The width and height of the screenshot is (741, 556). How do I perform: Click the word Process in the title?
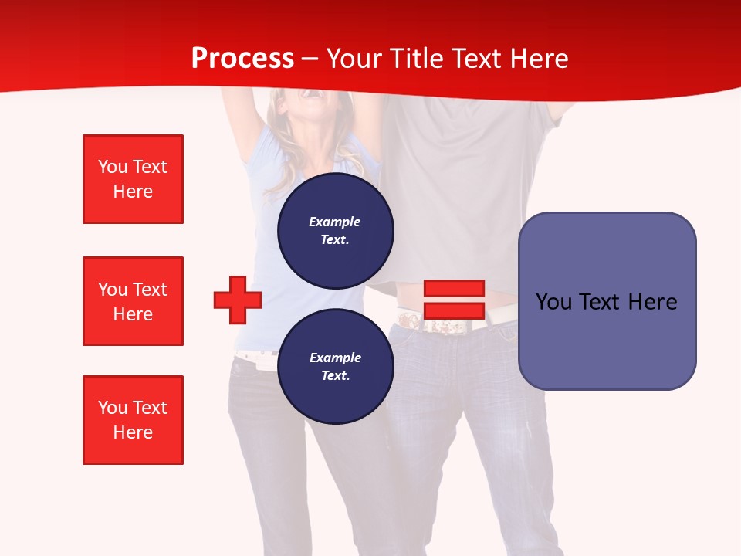(242, 59)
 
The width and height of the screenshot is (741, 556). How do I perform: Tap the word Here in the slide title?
(534, 59)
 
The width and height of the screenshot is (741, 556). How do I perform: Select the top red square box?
(133, 179)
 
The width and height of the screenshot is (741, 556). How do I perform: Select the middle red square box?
(133, 301)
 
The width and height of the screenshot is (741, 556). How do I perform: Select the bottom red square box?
(133, 420)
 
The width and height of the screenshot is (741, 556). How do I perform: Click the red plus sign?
(238, 300)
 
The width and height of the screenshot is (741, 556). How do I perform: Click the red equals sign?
(454, 300)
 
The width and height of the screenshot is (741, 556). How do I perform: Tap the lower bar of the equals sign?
(454, 311)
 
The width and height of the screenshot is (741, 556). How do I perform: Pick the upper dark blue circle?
(335, 231)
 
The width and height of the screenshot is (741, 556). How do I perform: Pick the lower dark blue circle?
(335, 367)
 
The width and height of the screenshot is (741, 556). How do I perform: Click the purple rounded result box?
(607, 301)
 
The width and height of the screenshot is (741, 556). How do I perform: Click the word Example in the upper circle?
(335, 222)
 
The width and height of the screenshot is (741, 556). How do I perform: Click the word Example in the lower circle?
(335, 358)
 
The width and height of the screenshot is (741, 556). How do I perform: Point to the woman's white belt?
(255, 358)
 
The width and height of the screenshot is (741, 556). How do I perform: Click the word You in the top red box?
(113, 167)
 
